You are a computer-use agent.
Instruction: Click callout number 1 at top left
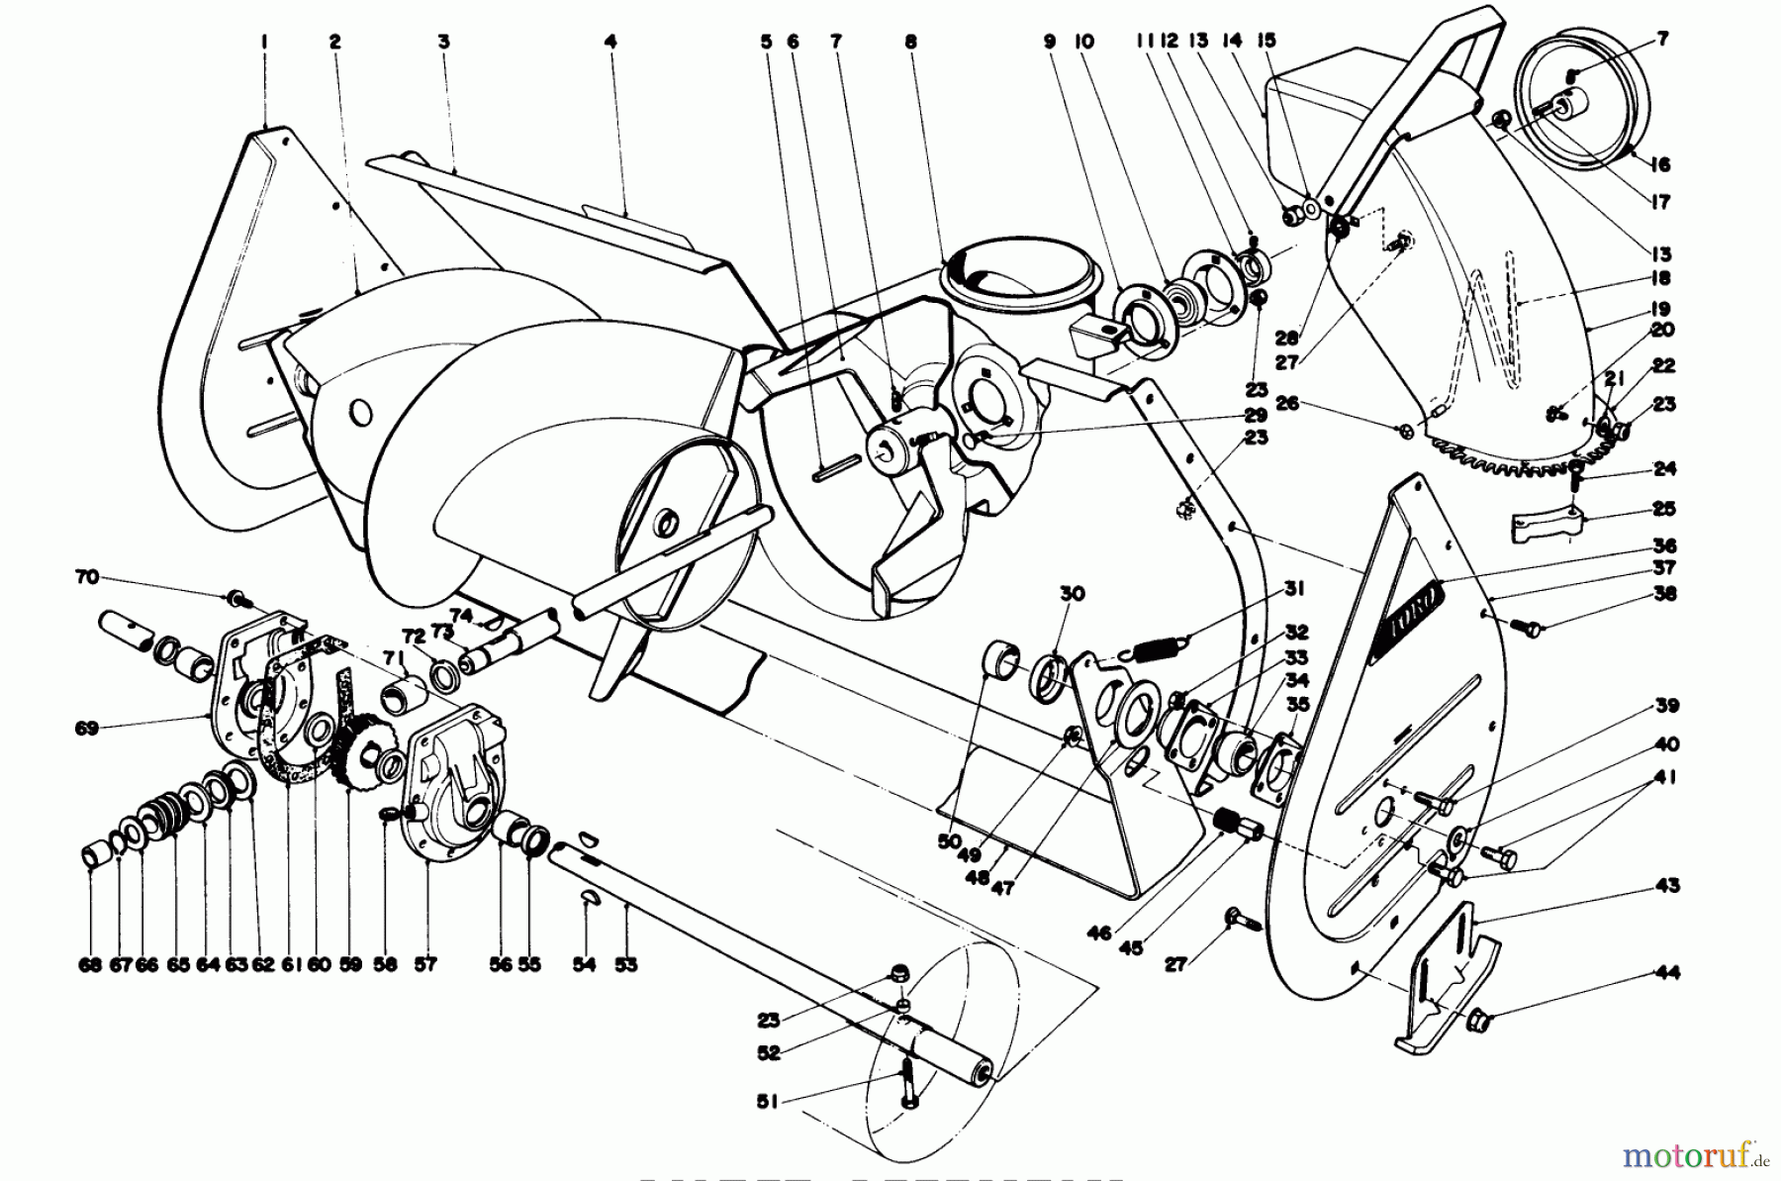point(265,42)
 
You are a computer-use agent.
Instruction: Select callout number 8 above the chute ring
point(910,42)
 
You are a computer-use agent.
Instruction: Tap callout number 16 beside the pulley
point(1660,166)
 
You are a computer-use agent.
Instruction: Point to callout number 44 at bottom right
point(1667,973)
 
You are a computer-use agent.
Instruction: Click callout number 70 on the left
point(88,576)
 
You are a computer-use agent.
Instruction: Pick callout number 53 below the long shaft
point(626,964)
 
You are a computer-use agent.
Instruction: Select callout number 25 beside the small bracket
point(1664,509)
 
